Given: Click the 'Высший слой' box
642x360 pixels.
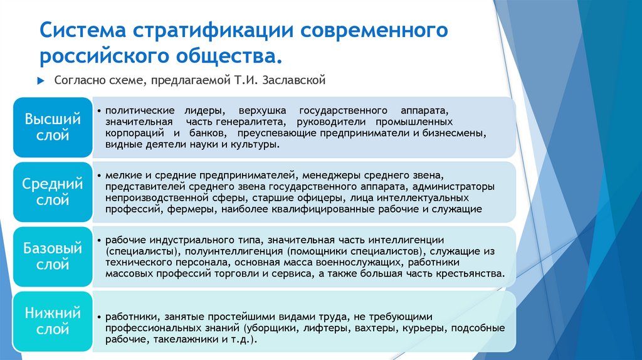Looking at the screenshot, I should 52,127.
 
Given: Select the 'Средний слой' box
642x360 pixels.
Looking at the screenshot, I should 52,192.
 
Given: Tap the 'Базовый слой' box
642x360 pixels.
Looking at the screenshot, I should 52,257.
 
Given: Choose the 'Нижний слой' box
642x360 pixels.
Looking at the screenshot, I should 52,321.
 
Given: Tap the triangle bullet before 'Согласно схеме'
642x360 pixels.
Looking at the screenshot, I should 41,81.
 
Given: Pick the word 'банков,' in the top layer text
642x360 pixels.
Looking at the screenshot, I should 199,133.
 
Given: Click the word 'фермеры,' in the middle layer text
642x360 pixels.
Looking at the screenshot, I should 189,209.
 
